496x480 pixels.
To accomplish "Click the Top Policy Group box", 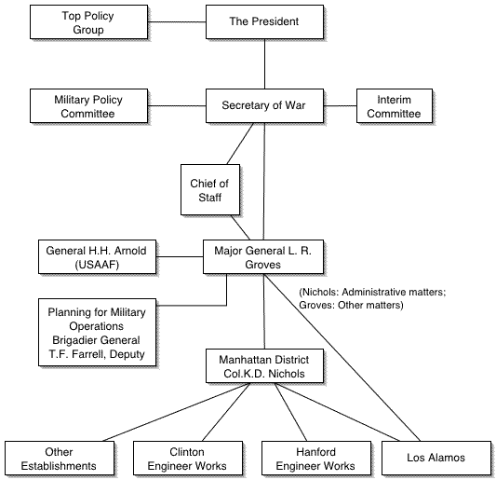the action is [x=89, y=21].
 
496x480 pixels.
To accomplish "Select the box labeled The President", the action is [x=265, y=21].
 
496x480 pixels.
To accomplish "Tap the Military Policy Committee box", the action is [x=89, y=106].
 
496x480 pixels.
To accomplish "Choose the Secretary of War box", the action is [x=265, y=106].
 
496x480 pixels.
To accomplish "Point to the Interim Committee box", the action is [x=395, y=106].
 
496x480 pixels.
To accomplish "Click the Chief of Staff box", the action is [x=210, y=189].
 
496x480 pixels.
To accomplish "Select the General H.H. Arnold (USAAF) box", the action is [x=97, y=256].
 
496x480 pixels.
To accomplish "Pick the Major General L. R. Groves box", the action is [x=263, y=256].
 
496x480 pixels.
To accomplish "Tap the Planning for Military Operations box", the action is [x=97, y=332].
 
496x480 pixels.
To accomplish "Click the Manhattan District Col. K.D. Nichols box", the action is [x=265, y=366].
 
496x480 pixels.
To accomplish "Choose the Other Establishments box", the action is [x=60, y=459].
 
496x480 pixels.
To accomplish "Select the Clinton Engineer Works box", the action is [x=188, y=459].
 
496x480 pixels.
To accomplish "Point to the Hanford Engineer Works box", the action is [x=316, y=459].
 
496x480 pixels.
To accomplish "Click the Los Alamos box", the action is [x=436, y=459].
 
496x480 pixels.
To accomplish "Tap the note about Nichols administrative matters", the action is [x=372, y=298].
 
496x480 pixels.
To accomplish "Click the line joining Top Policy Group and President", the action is [x=177, y=21].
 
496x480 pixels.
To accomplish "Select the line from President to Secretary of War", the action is [x=265, y=64].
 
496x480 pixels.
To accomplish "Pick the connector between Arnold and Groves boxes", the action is [x=180, y=256].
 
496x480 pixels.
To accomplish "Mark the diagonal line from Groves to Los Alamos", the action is [x=342, y=357].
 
